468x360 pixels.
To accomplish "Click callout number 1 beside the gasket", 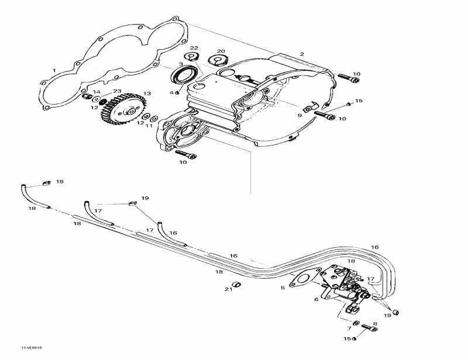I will (x=54, y=71).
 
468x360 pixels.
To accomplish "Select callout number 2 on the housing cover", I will (x=302, y=54).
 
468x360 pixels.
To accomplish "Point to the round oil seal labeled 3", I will (x=185, y=76).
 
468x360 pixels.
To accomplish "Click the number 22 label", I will (x=194, y=48).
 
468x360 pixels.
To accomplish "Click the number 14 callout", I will (x=97, y=92).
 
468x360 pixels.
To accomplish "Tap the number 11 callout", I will (x=149, y=126).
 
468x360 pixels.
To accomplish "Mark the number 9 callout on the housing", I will (x=300, y=116).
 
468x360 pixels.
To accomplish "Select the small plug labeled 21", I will (x=238, y=285).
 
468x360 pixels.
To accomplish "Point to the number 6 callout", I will (x=316, y=299).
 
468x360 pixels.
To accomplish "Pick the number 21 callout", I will (x=228, y=289).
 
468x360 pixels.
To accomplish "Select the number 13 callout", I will (x=147, y=94).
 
